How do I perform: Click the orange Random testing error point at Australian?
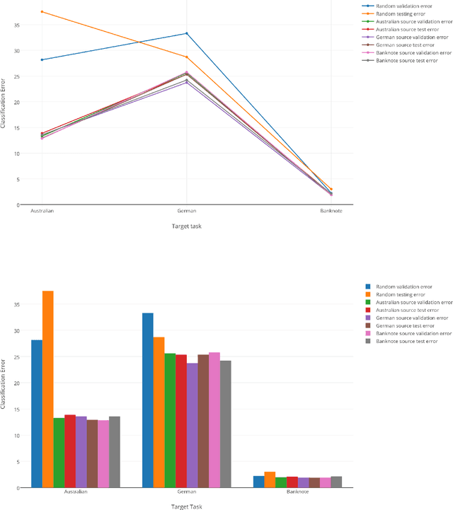(x=42, y=12)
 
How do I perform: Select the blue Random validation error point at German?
(x=187, y=33)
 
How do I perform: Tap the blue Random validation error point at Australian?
(x=42, y=60)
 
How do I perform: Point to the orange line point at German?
(x=187, y=57)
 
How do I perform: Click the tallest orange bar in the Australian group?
(x=48, y=389)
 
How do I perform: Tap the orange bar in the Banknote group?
(x=270, y=480)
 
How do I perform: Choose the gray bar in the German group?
(x=225, y=424)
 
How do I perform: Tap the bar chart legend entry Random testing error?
(x=401, y=294)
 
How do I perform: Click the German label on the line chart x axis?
(x=187, y=211)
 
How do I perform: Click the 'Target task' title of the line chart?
(x=187, y=226)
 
